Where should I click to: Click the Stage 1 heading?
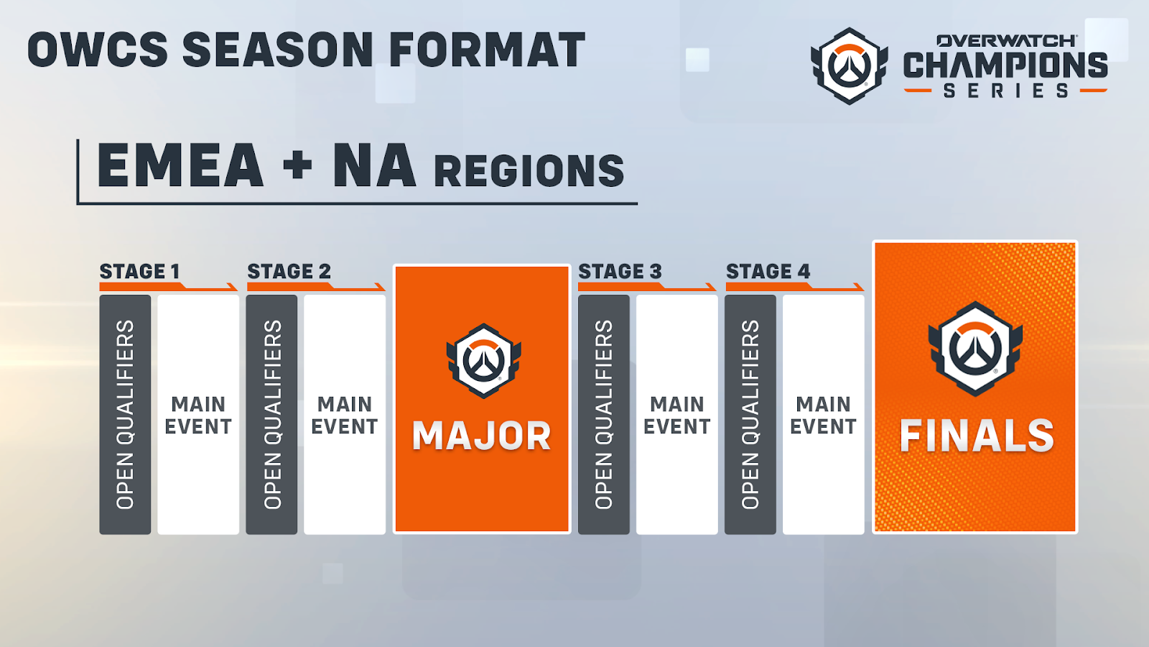139,271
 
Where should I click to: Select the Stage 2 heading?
289,271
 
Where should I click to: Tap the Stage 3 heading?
620,271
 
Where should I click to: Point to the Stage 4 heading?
768,271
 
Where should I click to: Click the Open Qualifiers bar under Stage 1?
125,414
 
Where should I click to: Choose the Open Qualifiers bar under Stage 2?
272,414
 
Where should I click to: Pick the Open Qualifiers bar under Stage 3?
604,414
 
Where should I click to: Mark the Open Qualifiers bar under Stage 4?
750,414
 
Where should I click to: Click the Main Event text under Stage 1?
198,416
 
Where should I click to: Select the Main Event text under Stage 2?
345,416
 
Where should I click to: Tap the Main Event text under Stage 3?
677,416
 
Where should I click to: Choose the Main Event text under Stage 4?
823,416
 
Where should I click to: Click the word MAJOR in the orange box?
482,436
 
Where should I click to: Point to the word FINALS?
977,436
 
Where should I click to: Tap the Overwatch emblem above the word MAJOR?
484,361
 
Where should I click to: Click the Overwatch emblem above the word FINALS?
975,349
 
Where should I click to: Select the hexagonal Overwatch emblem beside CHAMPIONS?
850,65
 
